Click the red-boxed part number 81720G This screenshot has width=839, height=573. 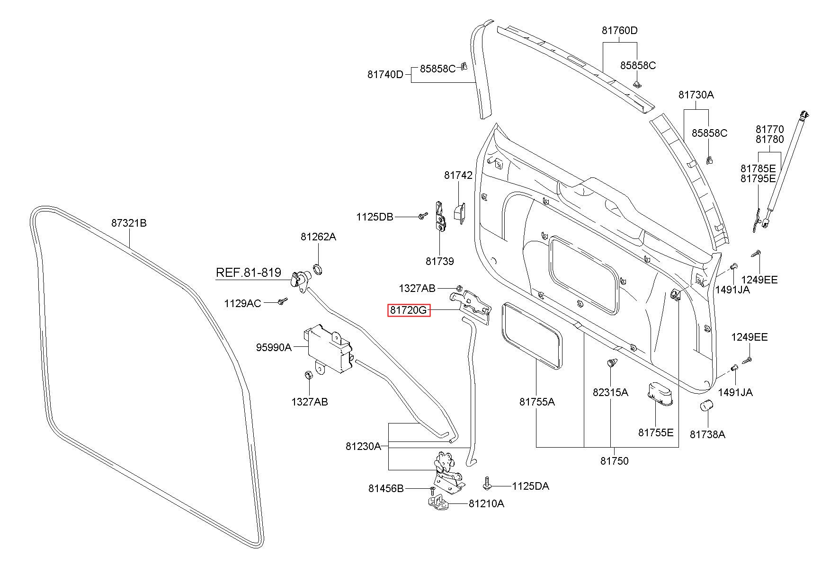409,310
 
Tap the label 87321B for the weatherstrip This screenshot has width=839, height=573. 129,222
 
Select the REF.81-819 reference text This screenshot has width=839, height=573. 249,273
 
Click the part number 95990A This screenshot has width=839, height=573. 274,347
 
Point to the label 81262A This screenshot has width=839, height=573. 318,237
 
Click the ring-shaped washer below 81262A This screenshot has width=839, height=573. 319,270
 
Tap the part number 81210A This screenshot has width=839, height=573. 486,503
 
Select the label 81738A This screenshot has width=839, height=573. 707,434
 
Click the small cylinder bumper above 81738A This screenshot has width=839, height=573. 707,406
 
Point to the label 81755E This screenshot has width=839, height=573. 656,432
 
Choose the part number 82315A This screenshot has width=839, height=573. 610,392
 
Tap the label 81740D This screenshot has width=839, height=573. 385,74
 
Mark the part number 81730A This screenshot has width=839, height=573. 696,95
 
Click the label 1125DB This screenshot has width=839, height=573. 375,217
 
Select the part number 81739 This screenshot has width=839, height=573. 439,261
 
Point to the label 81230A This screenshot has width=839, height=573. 363,446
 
